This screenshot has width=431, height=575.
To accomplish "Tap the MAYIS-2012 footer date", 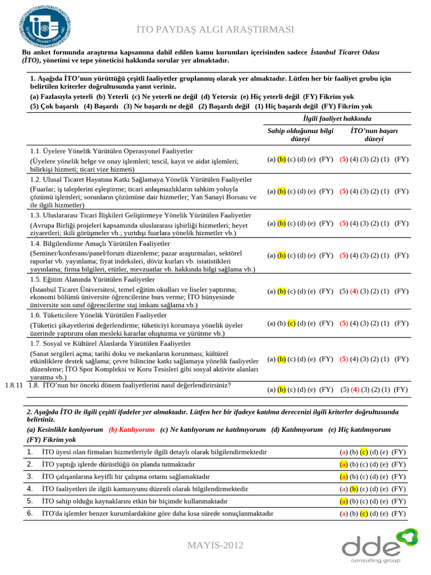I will point(215,545).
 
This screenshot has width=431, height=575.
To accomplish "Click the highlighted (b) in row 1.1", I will point(282,159).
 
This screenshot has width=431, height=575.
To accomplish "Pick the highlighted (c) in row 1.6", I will point(291,323).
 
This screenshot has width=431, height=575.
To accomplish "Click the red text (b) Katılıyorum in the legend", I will point(131,430).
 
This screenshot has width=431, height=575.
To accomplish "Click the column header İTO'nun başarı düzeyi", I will point(374,135).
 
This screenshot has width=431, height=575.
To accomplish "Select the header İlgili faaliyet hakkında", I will point(337,119).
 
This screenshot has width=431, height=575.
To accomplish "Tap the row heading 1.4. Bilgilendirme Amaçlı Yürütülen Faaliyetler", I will point(100,244).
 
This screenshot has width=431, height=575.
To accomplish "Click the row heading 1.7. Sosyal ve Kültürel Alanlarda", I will point(111,344).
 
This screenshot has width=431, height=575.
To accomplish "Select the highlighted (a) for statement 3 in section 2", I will point(343,477).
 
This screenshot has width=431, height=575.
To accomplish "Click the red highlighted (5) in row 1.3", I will point(344,223).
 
